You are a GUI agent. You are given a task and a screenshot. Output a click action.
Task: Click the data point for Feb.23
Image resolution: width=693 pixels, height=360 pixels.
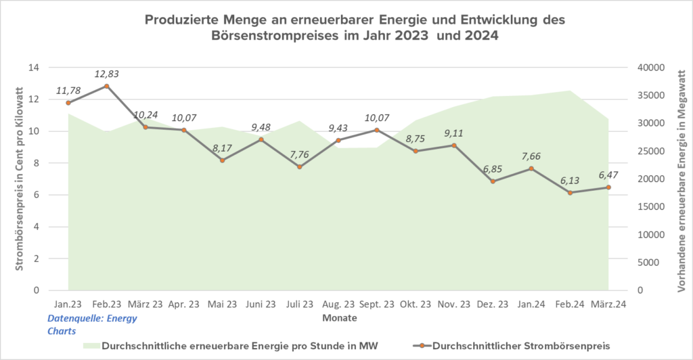pos(106,86)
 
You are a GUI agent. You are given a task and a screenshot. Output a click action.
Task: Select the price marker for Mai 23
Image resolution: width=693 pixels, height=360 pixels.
pos(222,160)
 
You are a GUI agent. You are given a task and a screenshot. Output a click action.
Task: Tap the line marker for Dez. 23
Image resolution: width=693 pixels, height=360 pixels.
pos(493,181)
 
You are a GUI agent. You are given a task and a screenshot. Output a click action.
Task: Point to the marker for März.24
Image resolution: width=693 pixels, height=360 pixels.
pos(608,187)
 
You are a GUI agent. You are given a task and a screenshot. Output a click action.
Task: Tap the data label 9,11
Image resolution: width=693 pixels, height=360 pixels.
pos(453,133)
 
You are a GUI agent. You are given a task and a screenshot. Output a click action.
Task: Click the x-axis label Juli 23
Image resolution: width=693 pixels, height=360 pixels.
pos(299,305)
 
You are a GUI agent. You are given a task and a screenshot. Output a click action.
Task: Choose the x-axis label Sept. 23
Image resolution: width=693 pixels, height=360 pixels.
pos(376,305)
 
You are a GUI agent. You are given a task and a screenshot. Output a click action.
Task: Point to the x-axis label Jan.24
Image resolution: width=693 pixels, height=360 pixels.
pos(531,305)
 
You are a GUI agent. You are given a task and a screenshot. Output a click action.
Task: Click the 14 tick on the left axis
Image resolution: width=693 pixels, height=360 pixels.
pos(33,68)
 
